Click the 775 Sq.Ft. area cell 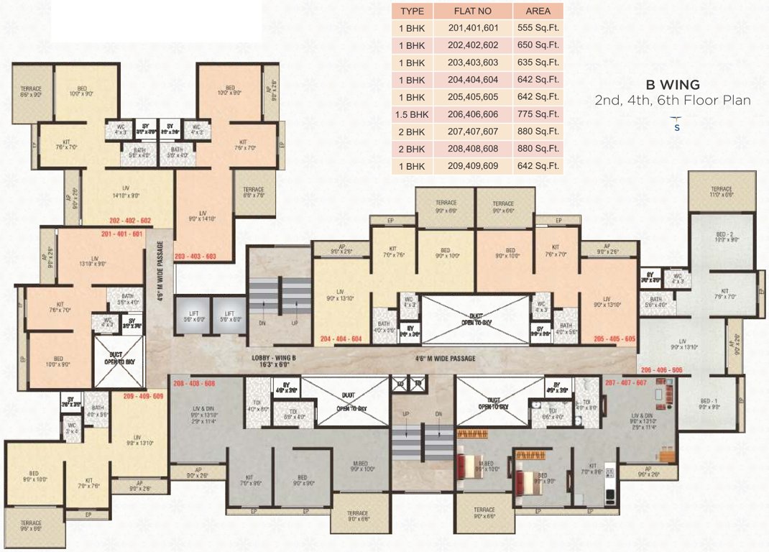point(538,114)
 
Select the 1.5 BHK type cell point(412,114)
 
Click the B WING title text point(673,85)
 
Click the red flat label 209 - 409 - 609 point(144,396)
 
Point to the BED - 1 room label point(709,402)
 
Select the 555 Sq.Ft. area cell point(538,28)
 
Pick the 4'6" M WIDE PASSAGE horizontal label point(446,358)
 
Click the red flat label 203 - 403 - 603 point(195,256)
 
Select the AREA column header point(538,11)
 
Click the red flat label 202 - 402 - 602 point(130,221)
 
